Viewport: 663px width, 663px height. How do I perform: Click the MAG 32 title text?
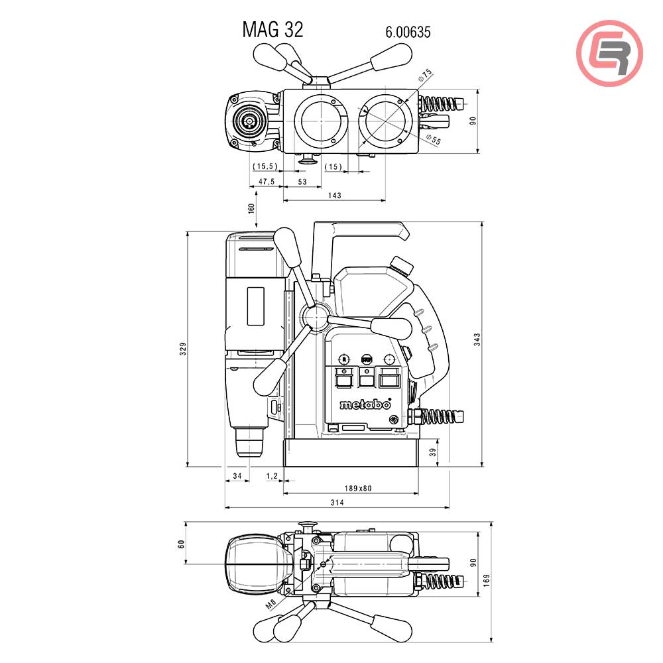point(272,30)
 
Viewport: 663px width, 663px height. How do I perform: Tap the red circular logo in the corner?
point(609,52)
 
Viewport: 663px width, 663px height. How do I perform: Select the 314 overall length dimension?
point(337,503)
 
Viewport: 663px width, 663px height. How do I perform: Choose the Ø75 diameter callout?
point(425,76)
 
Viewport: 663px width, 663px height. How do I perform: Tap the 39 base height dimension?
point(432,452)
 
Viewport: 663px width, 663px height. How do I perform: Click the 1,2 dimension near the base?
point(271,475)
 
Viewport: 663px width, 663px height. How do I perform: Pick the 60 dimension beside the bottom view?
point(181,544)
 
